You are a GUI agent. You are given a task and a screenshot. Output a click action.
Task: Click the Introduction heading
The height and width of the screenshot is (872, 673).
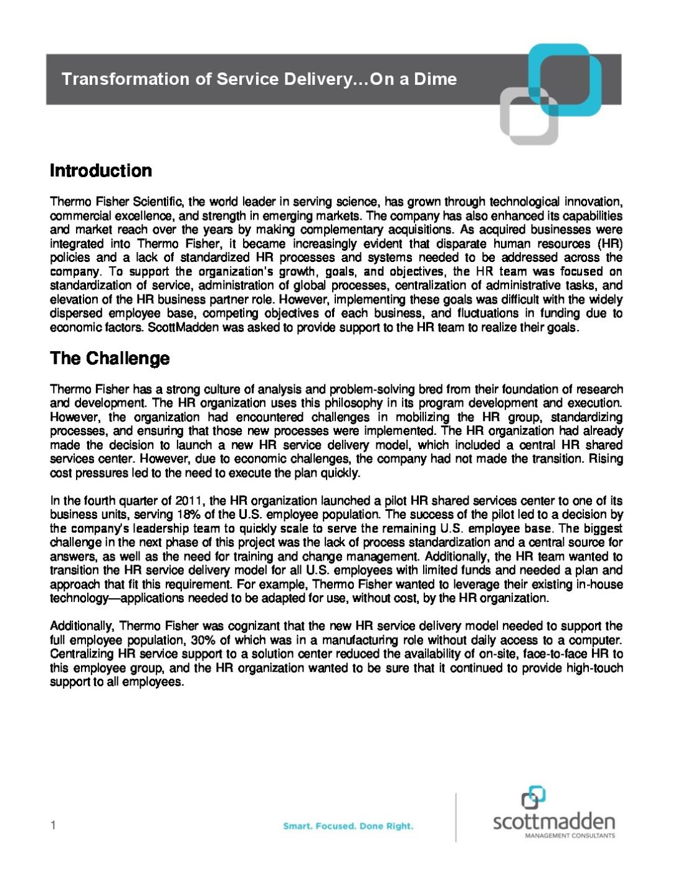[100, 170]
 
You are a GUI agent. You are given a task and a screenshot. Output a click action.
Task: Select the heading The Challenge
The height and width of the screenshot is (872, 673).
[109, 358]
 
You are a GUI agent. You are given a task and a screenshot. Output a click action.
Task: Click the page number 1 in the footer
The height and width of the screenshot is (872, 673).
[54, 825]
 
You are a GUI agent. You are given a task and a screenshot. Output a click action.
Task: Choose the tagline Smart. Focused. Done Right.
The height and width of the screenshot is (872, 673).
[348, 826]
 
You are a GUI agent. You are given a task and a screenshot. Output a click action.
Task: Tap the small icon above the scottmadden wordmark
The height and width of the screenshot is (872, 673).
[533, 797]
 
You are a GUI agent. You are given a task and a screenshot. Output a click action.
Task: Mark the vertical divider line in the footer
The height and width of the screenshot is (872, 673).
[456, 817]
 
